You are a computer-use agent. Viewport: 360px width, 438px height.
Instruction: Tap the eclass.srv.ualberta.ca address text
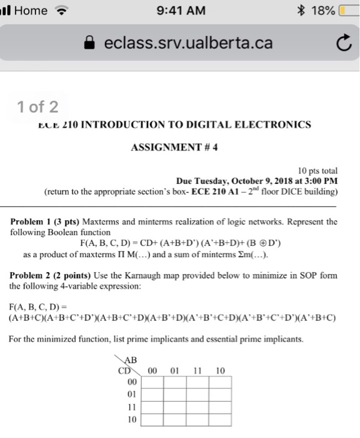pos(188,43)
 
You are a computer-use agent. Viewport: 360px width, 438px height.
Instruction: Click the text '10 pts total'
pos(317,170)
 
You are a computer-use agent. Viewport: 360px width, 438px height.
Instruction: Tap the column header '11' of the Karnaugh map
pos(197,370)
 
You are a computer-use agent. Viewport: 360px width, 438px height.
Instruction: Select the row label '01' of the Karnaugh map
pos(132,394)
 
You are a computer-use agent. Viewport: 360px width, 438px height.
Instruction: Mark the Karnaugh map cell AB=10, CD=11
pos(221,407)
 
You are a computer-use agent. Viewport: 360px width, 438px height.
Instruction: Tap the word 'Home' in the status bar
pos(31,10)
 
